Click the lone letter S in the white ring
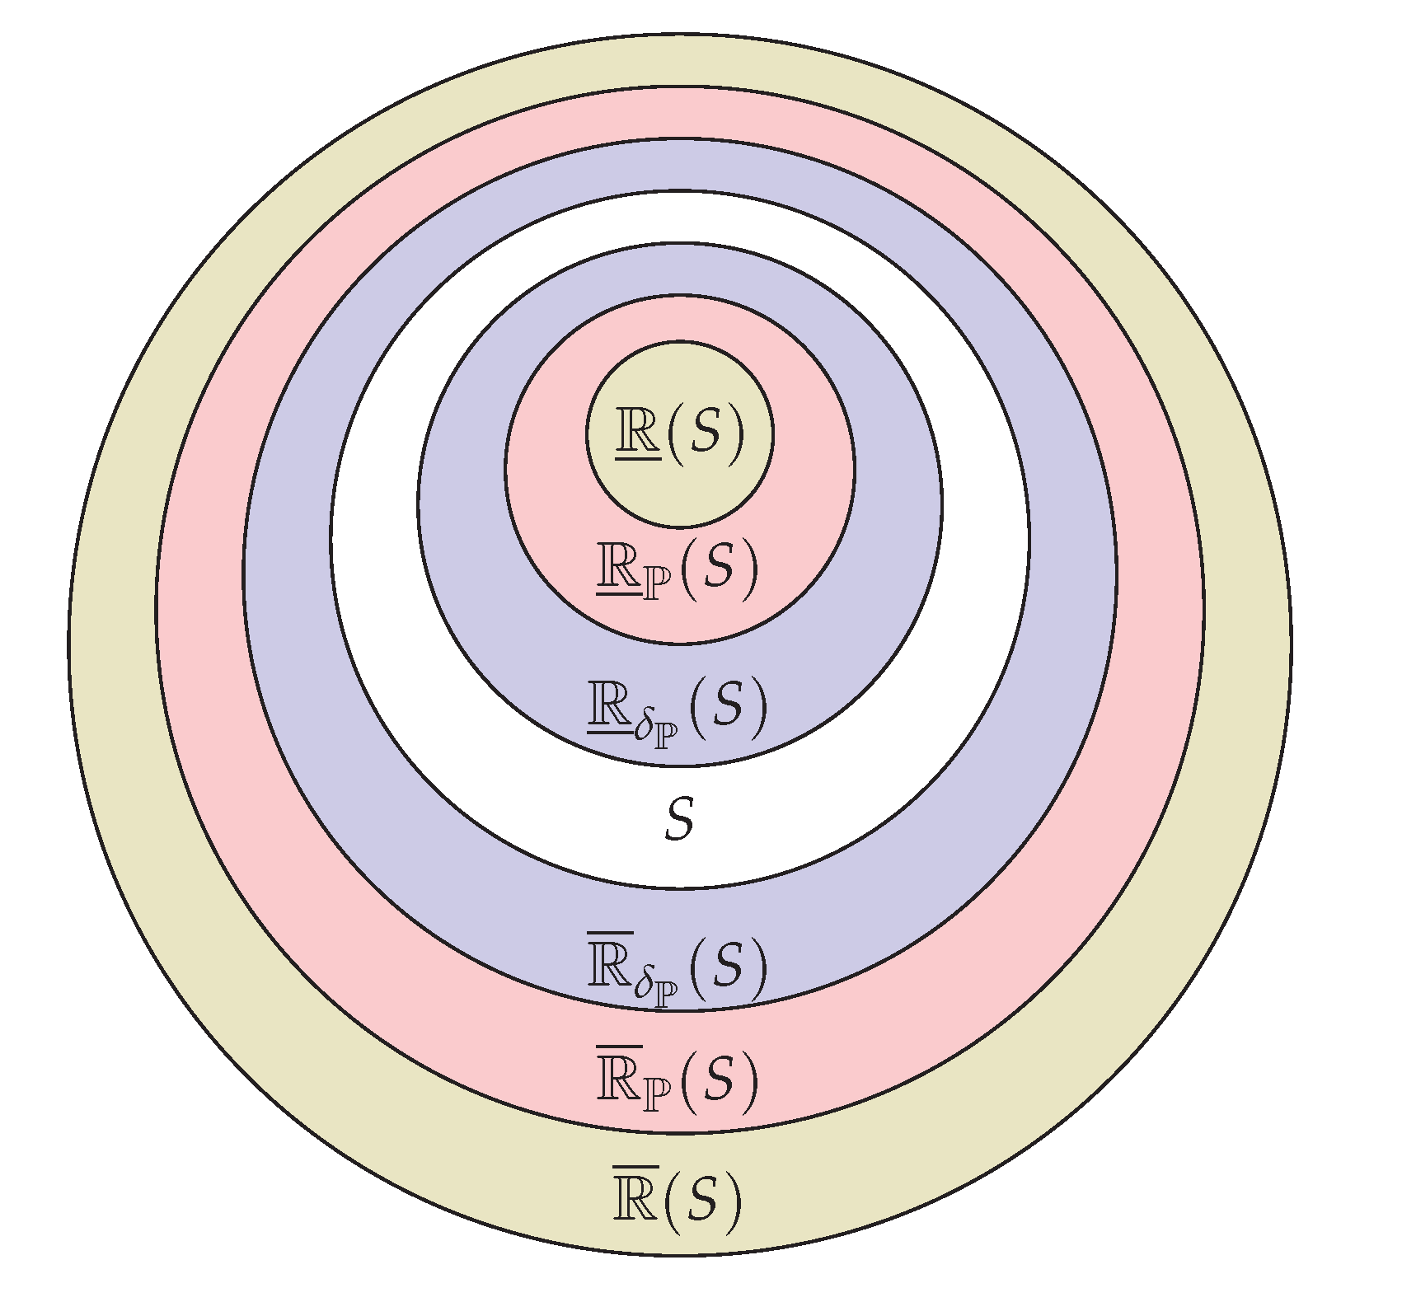pos(678,822)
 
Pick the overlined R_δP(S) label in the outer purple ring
pos(676,966)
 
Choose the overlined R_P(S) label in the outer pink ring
pos(676,1080)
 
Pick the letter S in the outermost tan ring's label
pos(705,1200)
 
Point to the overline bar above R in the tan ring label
pos(635,1167)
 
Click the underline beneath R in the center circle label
pos(638,457)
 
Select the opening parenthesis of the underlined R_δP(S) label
pos(694,707)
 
